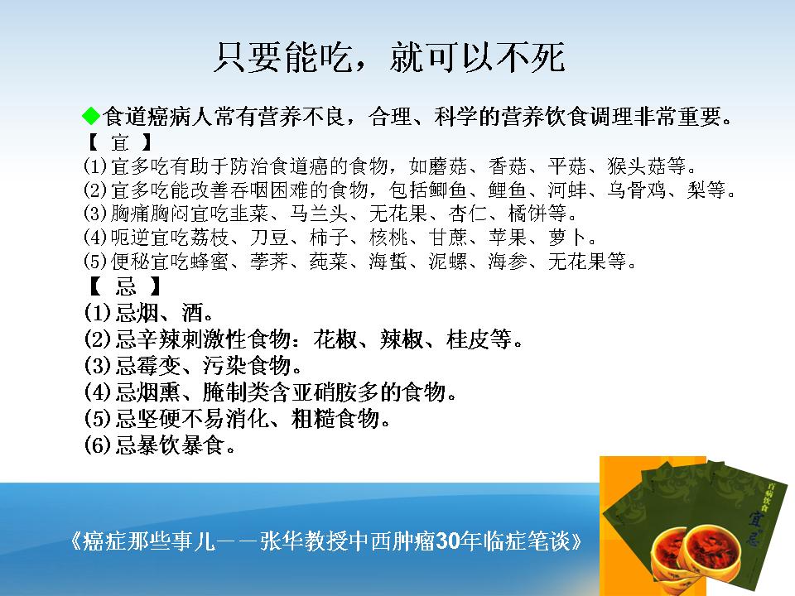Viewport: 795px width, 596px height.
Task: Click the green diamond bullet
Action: click(x=91, y=116)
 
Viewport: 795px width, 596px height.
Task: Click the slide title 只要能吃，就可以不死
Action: click(x=389, y=57)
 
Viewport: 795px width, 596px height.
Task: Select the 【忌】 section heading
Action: click(x=125, y=286)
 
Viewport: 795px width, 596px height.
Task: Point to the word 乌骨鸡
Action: click(x=637, y=190)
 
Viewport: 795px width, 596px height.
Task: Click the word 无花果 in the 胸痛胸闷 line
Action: click(x=398, y=214)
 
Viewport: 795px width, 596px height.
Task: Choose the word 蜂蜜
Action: click(x=210, y=262)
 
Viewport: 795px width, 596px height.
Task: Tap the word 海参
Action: click(x=508, y=262)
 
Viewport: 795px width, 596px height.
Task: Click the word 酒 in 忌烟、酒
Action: click(x=193, y=312)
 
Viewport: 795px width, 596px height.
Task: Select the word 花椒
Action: click(x=335, y=339)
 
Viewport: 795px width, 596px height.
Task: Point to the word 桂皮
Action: click(x=469, y=339)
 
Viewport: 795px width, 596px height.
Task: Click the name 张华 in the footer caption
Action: click(x=282, y=541)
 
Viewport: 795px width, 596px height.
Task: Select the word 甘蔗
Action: click(x=448, y=238)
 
